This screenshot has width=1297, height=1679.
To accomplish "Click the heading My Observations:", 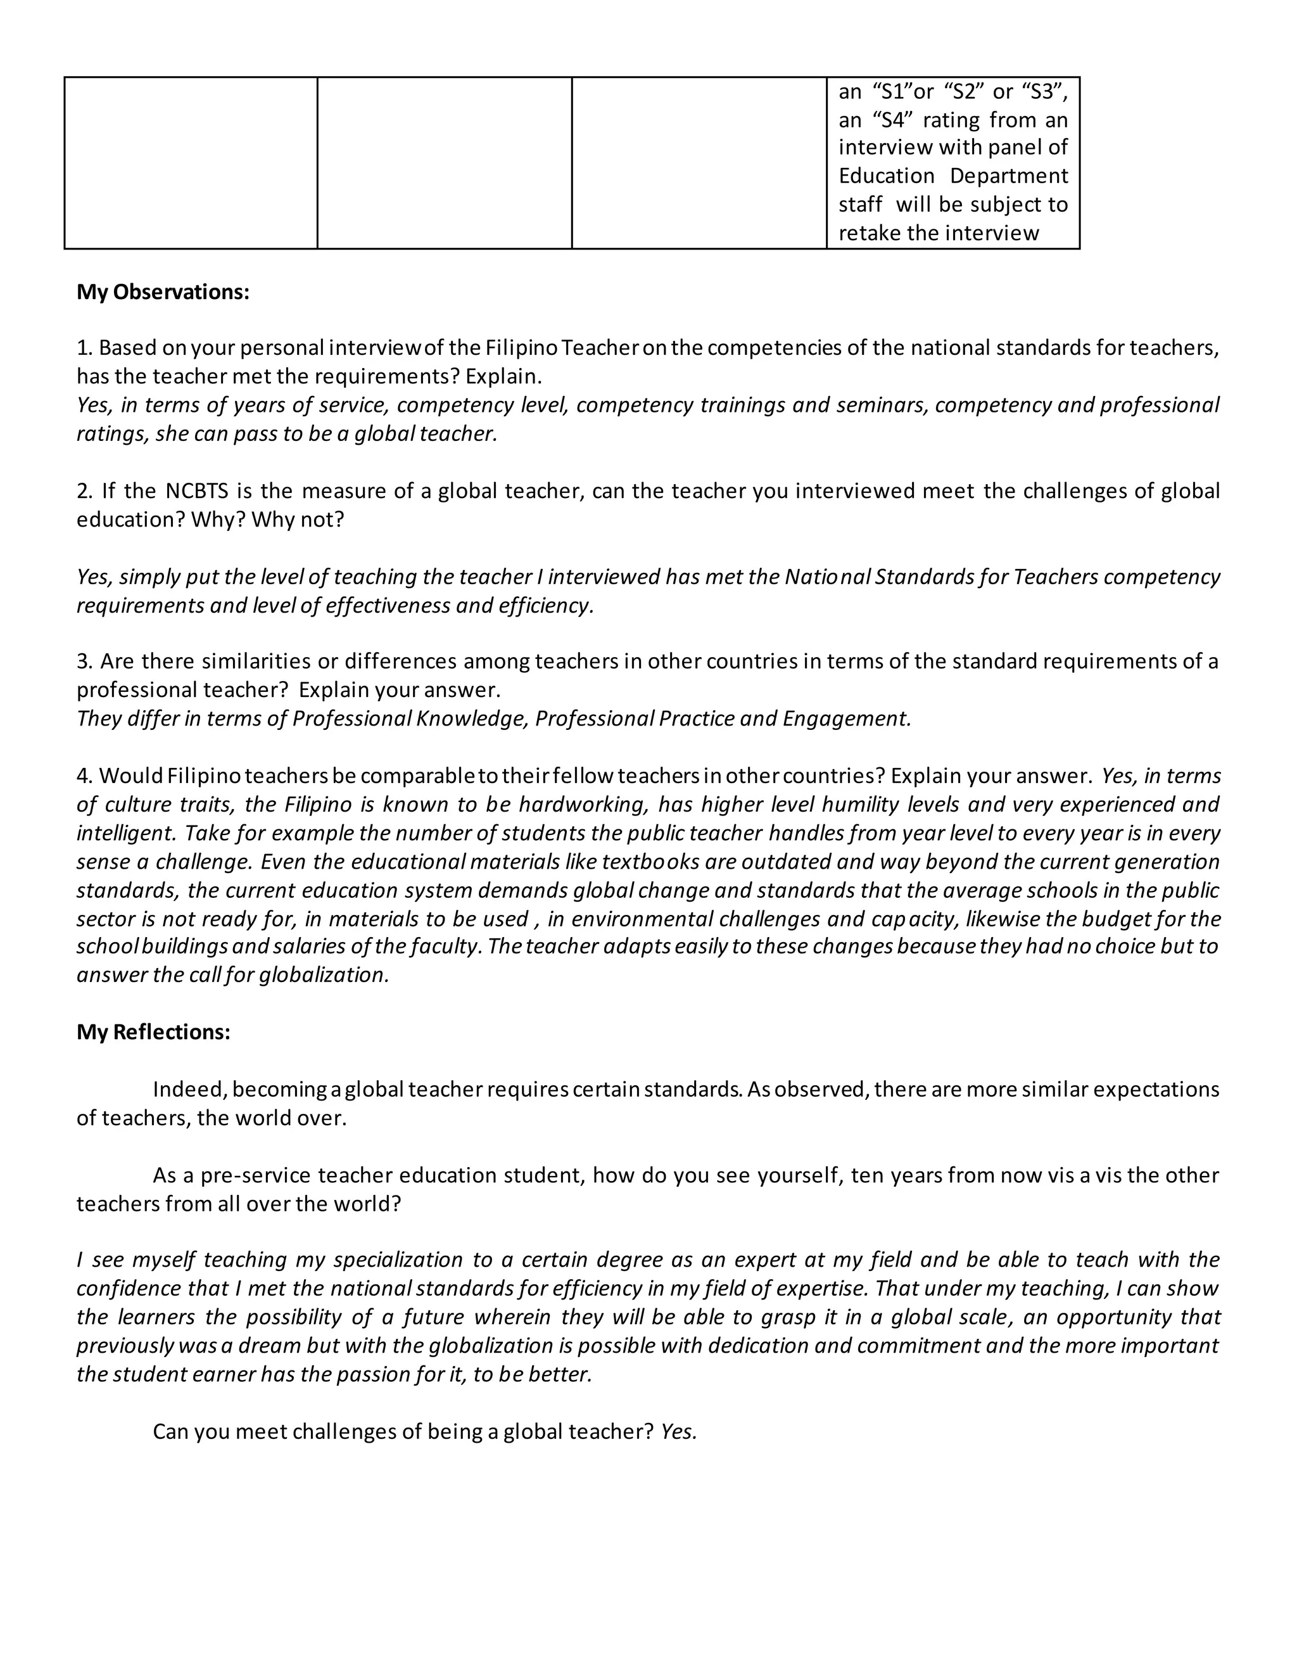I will [163, 292].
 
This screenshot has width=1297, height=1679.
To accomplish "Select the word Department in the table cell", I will [1008, 176].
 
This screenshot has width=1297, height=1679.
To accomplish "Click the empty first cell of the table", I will [191, 162].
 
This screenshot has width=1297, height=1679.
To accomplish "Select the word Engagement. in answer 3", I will [846, 718].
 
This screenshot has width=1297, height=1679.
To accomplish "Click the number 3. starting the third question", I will [84, 661].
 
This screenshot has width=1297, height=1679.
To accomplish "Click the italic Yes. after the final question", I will [678, 1431].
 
